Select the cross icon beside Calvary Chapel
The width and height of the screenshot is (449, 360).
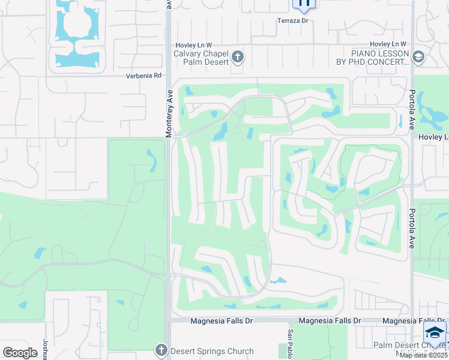coord(238,57)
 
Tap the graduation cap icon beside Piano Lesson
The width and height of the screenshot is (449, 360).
coord(418,57)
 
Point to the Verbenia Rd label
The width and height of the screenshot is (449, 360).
coord(144,76)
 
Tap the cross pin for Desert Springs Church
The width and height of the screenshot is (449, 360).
coord(161,350)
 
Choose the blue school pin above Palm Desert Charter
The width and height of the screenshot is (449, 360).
coord(435,331)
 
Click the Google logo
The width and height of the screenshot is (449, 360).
coord(20,353)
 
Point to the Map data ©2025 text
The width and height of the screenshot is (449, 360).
coord(424,355)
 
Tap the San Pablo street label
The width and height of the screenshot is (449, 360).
coord(290,341)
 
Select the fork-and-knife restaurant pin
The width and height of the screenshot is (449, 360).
coord(304,3)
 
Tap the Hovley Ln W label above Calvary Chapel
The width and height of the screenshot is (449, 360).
coord(193,45)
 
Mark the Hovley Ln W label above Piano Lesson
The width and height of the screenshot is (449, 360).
coord(388,44)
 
